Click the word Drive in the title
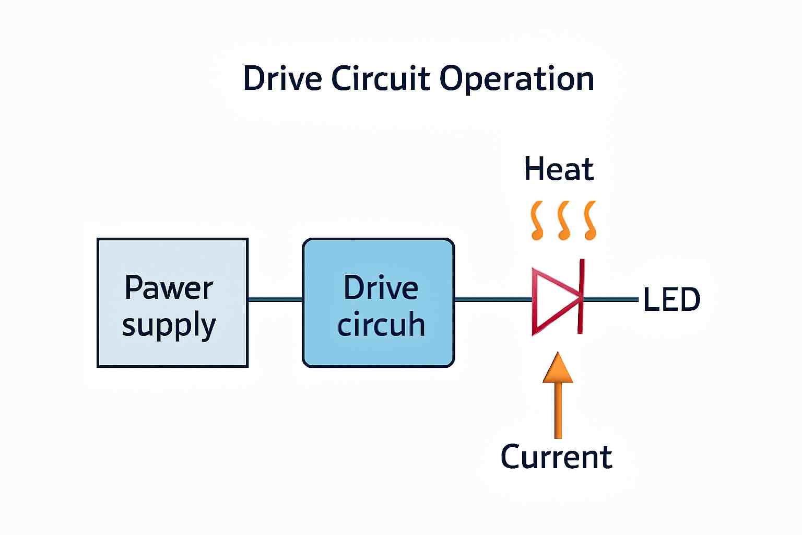pos(282,79)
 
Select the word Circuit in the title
pos(380,79)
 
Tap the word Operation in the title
pos(516,80)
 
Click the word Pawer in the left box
pos(169,288)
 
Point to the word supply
pos(169,325)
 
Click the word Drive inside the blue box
pos(381,288)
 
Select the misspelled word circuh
pos(381,324)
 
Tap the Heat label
pos(559,169)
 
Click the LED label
pos(671,299)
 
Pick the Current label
pos(556,457)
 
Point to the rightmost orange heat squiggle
pos(591,220)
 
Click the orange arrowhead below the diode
pos(558,369)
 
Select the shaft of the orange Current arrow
pos(558,410)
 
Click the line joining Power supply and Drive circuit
pos(275,299)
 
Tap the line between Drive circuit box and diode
pos(493,299)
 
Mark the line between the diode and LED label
pos(611,299)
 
